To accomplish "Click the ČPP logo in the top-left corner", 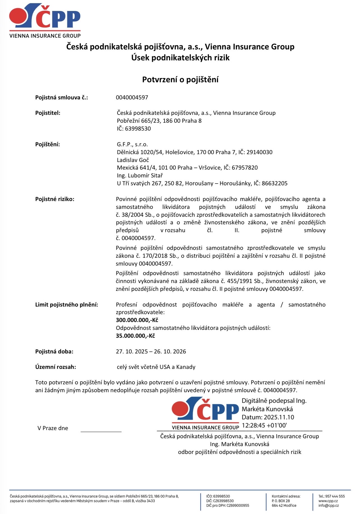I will [45, 20].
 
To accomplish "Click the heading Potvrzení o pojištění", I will [180, 80].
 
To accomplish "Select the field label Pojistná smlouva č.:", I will [61, 98].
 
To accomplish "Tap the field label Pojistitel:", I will [48, 113].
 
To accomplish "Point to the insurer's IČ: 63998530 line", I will [134, 129].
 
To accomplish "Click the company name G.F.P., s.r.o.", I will [132, 145].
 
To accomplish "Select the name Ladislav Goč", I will [133, 160].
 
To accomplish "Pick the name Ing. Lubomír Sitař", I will [140, 176].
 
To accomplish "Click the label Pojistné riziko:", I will [55, 199].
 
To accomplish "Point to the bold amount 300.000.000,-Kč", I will [137, 320].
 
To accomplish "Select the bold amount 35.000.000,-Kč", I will [135, 336].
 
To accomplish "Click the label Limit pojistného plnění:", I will [67, 305].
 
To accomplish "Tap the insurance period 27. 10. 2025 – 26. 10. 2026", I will [151, 352].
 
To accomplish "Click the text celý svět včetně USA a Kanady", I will [156, 367].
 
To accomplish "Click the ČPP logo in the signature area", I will [205, 413].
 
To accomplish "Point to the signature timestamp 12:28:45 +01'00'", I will [264, 426].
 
